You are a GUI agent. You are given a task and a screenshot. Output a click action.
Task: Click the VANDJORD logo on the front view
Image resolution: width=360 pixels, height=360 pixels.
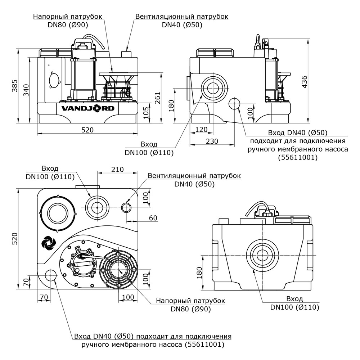(87, 108)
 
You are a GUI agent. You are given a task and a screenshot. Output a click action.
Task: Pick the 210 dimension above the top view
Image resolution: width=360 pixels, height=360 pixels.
(117, 169)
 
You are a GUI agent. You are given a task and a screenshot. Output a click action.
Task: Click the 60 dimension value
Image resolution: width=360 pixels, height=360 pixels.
(153, 218)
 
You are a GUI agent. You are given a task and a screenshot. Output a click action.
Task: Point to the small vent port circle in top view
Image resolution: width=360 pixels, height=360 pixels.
(126, 207)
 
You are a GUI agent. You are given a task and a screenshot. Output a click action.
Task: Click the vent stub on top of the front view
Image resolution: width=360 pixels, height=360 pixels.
(127, 54)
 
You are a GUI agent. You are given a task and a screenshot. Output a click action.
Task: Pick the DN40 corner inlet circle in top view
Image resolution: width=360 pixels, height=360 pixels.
(51, 276)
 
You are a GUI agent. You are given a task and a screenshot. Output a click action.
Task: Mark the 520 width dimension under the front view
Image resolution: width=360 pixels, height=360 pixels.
(87, 130)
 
